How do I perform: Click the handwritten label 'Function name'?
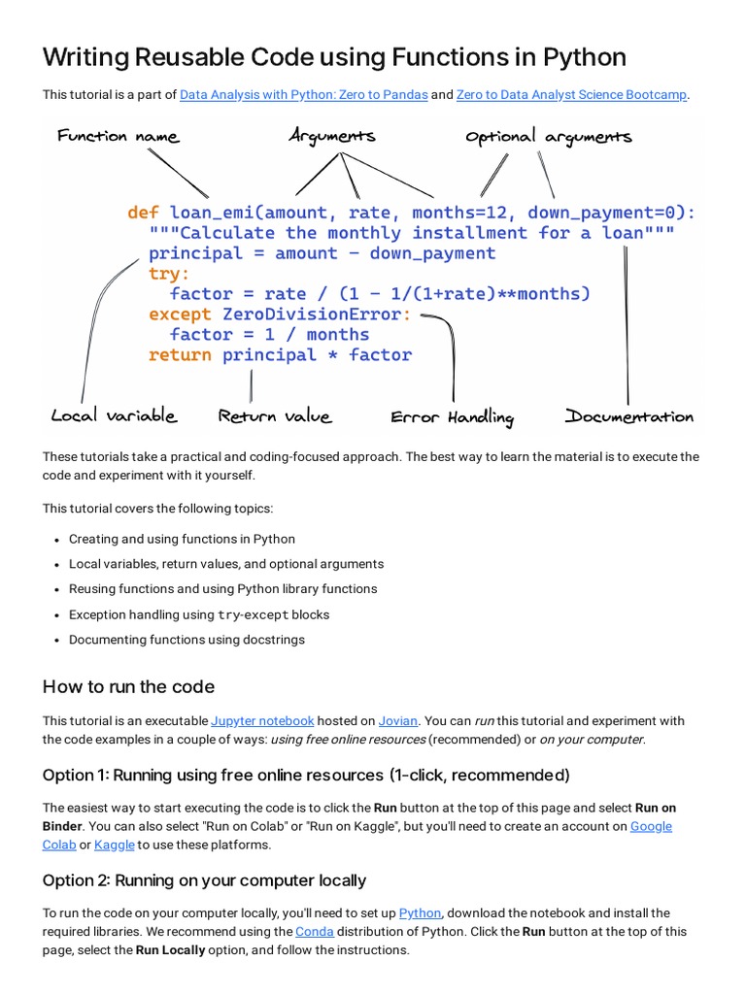118,136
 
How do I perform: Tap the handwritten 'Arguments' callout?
332,136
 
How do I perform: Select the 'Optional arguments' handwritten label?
549,137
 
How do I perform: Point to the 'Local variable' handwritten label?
114,415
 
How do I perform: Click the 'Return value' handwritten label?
275,416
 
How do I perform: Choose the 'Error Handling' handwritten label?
452,417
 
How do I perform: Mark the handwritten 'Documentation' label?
629,416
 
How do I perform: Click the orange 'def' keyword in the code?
143,213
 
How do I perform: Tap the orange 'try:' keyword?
169,274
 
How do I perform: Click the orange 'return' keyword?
180,355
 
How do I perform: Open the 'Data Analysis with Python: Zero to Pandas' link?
303,94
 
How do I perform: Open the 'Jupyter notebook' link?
262,720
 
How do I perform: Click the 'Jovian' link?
398,720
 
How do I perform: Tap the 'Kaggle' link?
114,845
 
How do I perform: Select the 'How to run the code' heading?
128,686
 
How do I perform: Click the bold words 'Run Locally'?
170,950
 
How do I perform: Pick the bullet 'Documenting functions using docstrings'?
186,640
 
